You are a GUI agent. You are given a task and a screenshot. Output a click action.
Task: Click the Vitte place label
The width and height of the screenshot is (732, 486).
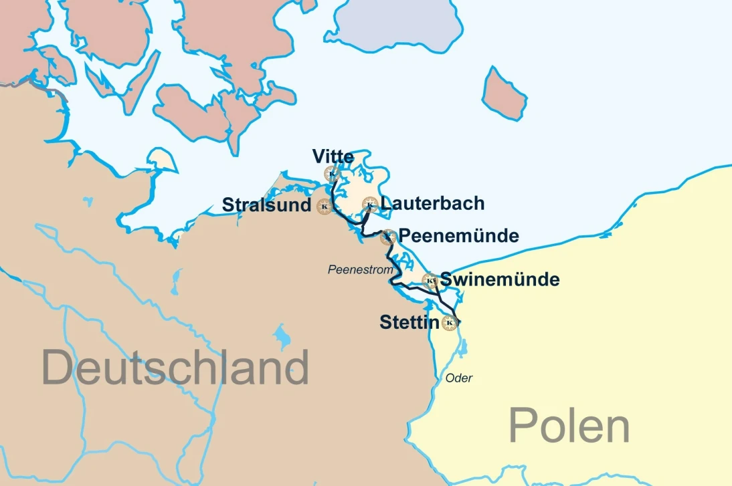pos(333,157)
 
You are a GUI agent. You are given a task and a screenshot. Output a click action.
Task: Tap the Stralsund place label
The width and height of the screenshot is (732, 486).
pos(266,205)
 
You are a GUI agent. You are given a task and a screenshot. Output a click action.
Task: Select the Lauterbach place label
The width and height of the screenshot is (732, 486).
pos(432,203)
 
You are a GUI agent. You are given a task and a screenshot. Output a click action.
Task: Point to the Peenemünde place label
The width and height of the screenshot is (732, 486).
pos(458,236)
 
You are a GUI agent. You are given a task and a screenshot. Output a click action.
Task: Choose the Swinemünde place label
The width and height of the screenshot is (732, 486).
pos(499,279)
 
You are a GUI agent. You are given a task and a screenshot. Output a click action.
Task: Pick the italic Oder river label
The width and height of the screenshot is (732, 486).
pos(459,378)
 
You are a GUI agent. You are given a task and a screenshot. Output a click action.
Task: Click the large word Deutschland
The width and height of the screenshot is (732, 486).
pos(175,367)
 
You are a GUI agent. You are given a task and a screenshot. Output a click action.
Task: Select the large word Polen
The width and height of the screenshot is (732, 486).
pos(569,425)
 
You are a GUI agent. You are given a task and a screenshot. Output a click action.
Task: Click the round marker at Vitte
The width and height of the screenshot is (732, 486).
pos(332,174)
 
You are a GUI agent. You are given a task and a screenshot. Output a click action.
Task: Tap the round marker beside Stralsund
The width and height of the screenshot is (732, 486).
pos(325,207)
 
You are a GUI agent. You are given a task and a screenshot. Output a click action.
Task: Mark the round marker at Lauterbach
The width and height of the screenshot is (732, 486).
pos(369,204)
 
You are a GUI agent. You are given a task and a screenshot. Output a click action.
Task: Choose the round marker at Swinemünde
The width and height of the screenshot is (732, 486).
pos(430,281)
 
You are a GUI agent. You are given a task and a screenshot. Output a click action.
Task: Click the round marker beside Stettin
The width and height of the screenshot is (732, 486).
pos(450,324)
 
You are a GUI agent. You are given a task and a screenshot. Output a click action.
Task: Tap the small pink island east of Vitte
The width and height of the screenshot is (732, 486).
pos(504,93)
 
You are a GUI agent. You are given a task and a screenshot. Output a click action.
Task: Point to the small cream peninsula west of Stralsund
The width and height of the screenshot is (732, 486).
pos(162,160)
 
